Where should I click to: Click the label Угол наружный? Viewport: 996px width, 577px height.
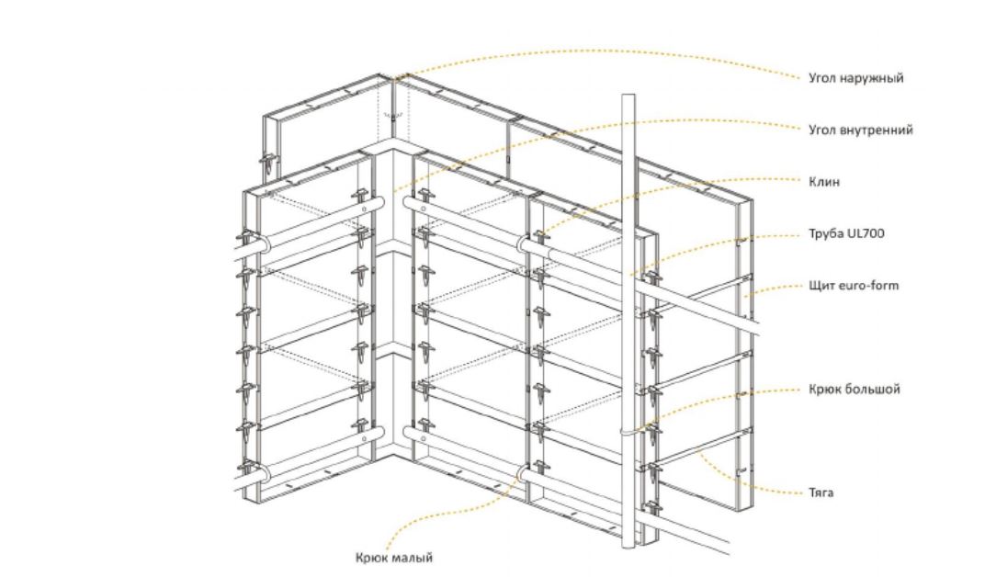(x=855, y=78)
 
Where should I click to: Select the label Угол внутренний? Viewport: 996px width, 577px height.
(x=861, y=130)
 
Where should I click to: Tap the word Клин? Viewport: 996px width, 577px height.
(x=824, y=182)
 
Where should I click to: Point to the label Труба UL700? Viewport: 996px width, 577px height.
(x=846, y=233)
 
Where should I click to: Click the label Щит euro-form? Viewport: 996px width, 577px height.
(x=854, y=286)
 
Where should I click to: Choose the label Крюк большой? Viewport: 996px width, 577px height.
(x=855, y=389)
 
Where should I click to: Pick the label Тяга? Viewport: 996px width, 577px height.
(x=821, y=492)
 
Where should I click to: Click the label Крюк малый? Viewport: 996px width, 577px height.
(x=394, y=558)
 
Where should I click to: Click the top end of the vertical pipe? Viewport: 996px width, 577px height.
(x=628, y=96)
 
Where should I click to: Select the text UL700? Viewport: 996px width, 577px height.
(x=866, y=233)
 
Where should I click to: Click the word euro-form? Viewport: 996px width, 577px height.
(x=869, y=286)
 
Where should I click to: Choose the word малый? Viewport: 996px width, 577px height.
(x=413, y=558)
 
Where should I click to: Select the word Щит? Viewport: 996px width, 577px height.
(x=821, y=286)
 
